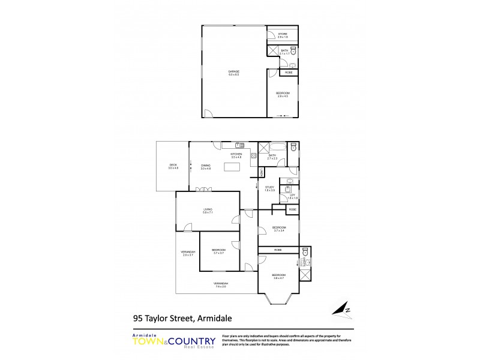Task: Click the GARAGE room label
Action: pyautogui.click(x=233, y=71)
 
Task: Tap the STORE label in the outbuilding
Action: pyautogui.click(x=282, y=34)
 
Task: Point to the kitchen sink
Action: pyautogui.click(x=238, y=145)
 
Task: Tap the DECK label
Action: pyautogui.click(x=173, y=164)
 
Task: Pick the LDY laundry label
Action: pyautogui.click(x=292, y=195)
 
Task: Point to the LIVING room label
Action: pyautogui.click(x=208, y=209)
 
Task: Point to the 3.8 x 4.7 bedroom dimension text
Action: pyautogui.click(x=278, y=278)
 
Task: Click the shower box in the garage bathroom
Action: pyautogui.click(x=272, y=51)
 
